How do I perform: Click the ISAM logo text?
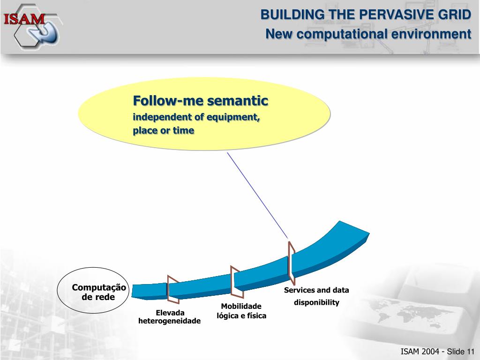coord(24,19)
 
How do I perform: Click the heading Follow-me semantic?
coord(201,101)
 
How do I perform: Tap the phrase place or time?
coord(163,131)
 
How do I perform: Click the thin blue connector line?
coord(257,195)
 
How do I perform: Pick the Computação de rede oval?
coord(92,291)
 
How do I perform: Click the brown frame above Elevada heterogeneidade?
coord(173,290)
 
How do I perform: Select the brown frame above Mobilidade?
coord(237,281)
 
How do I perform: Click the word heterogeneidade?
coord(169,321)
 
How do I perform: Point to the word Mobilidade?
coord(241,307)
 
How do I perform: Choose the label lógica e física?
coord(241,315)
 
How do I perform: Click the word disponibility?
coord(316,302)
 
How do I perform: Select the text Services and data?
coord(316,290)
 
